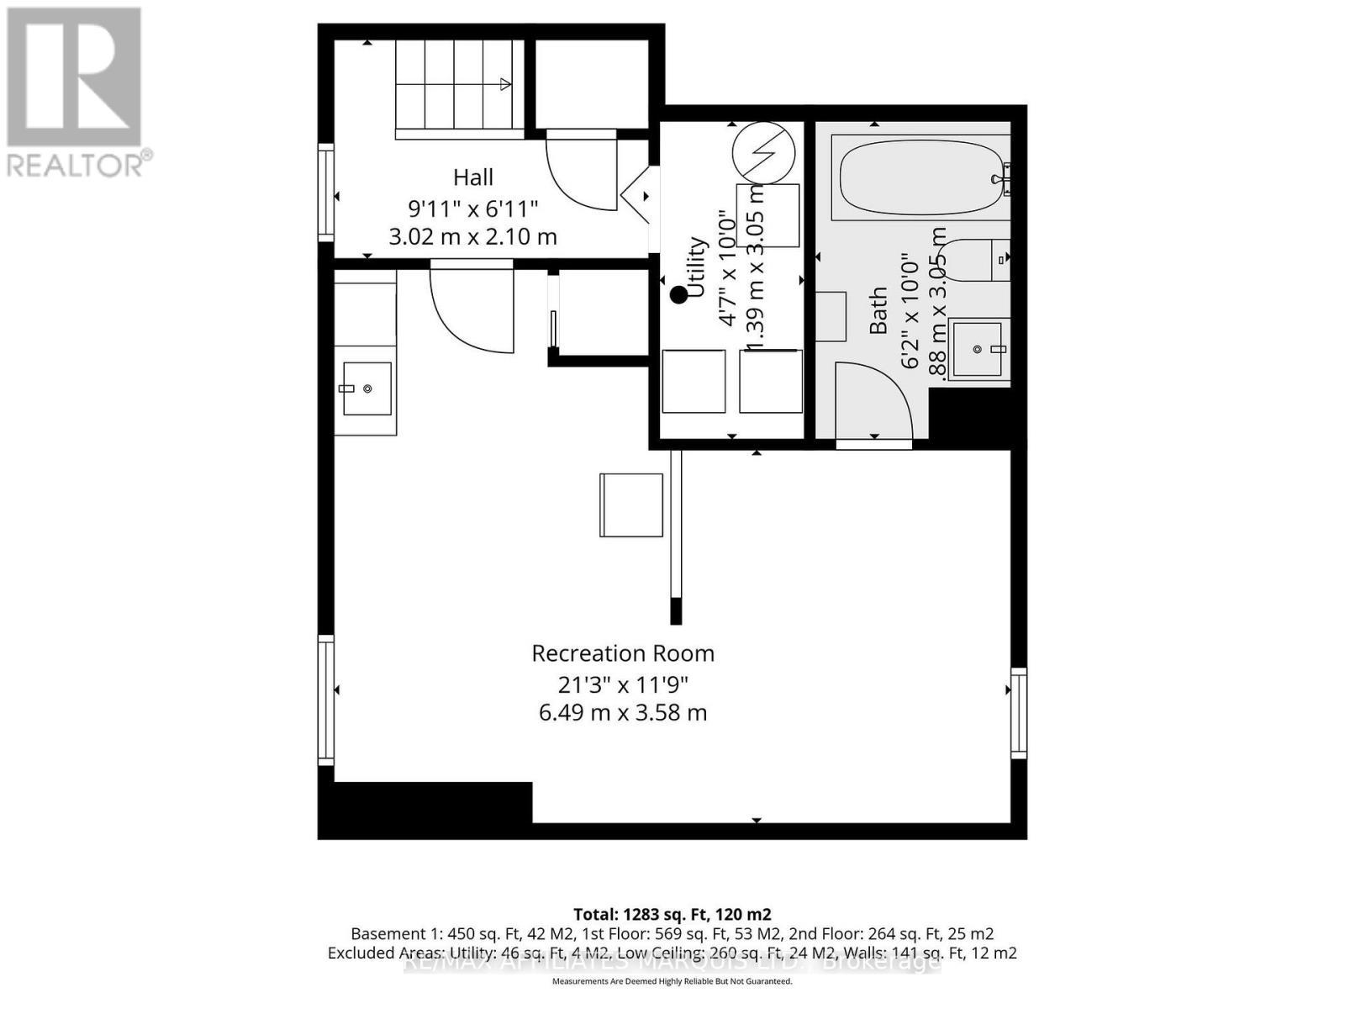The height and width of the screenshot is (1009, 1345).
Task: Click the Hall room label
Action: point(473,177)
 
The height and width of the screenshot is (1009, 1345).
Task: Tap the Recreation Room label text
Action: point(623,653)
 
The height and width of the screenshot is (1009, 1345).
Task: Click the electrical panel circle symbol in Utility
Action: point(763,154)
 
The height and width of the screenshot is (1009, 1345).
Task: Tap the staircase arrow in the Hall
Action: point(505,83)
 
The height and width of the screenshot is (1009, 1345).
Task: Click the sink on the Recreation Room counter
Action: point(367,388)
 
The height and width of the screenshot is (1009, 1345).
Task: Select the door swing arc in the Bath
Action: point(874,399)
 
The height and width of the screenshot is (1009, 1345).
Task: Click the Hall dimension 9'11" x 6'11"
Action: point(473,208)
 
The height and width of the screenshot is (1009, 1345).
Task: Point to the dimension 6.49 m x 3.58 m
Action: point(623,713)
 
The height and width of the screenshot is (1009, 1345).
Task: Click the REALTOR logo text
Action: point(81,163)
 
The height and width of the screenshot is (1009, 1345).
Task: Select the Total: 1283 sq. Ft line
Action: point(672,914)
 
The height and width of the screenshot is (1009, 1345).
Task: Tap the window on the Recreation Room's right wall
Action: point(1018,712)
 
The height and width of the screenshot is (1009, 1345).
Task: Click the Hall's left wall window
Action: point(325,192)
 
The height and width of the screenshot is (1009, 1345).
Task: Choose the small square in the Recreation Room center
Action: point(631,504)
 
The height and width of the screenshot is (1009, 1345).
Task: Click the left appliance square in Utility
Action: point(694,381)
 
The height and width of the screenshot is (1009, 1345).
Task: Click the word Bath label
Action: point(878,311)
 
